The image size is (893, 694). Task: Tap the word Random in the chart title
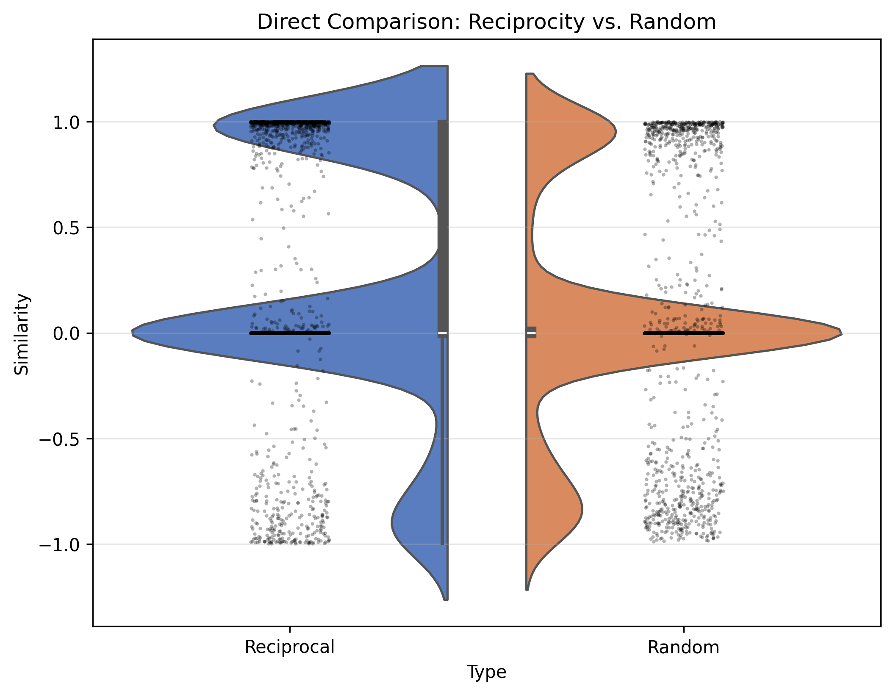coord(672,22)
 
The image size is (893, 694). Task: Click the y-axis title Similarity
coord(22,334)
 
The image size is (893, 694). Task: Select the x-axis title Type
coord(486,672)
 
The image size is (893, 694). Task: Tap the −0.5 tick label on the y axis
coord(59,439)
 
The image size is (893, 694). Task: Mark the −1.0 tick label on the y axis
coord(59,544)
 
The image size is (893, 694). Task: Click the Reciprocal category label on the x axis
coord(290,647)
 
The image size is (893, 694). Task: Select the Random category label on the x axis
coord(683,647)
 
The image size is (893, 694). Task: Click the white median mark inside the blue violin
coord(443,333)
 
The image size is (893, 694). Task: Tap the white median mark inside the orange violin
coord(531,333)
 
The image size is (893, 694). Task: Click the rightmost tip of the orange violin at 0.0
coord(840,333)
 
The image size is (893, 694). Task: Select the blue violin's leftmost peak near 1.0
coord(214,125)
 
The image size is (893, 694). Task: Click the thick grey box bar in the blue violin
coord(443,212)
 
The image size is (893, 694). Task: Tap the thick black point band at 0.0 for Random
coord(683,333)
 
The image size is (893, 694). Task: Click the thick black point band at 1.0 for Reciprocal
coord(290,122)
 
